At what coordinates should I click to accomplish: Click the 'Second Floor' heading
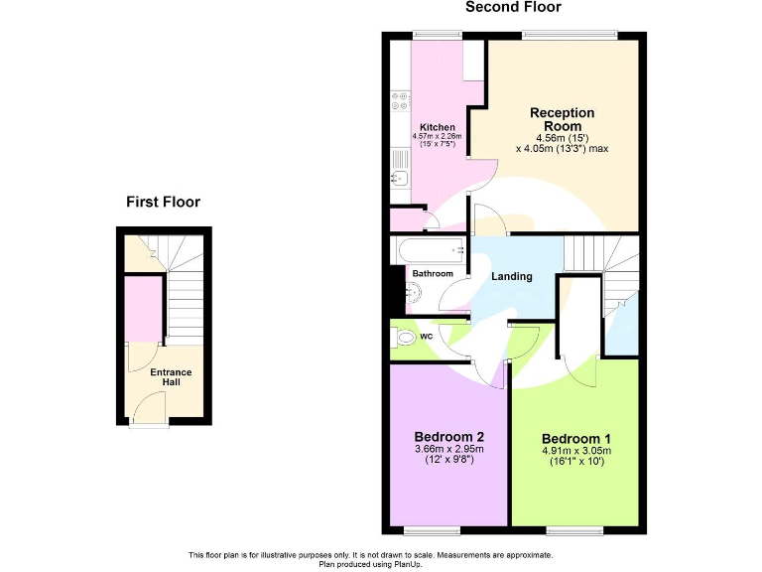513,8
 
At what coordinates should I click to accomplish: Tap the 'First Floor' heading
163,203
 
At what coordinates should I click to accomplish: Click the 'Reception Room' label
562,119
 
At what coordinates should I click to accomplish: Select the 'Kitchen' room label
438,127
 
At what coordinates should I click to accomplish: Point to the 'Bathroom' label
434,273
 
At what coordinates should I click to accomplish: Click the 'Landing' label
512,276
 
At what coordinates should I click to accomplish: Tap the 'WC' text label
427,337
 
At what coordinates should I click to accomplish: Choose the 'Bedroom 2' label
448,437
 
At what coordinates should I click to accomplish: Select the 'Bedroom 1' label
576,439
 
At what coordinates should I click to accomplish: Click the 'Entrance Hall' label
171,377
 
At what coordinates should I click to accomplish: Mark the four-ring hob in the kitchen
402,100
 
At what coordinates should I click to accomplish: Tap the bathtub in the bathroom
429,250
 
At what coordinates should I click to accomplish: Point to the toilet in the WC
403,339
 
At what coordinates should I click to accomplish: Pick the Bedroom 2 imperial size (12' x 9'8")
448,460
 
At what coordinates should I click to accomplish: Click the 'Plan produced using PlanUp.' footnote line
371,564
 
